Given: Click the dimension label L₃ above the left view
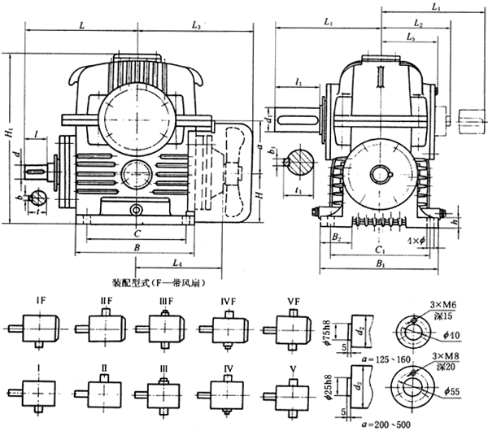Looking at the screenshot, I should coord(196,27).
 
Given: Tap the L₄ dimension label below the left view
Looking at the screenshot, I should coord(176,263).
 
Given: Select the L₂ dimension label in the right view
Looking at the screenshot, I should coord(418,24).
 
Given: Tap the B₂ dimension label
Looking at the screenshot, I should coord(336,237).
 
